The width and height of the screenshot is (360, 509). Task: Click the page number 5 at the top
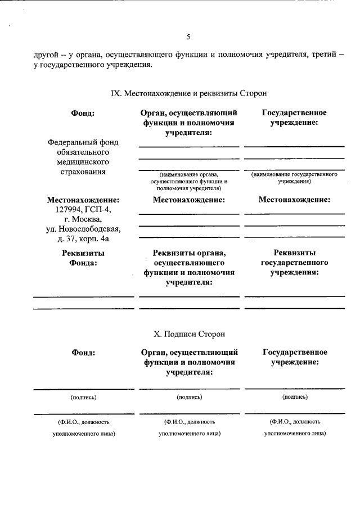[188, 37]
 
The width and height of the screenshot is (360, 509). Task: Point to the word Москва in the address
[87, 219]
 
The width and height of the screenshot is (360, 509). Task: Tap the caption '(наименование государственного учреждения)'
[294, 178]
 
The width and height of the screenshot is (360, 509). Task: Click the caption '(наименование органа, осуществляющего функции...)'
[188, 182]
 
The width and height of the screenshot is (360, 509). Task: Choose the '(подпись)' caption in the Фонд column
[83, 397]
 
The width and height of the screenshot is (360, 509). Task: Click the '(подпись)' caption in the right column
[294, 397]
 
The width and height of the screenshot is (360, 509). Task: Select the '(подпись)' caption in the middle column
[189, 397]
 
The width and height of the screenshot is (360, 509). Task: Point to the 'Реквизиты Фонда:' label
[83, 258]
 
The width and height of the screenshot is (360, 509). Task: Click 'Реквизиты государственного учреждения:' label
[294, 263]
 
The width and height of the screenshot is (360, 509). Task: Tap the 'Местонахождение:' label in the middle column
[188, 200]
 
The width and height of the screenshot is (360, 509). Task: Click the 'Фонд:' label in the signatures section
[83, 353]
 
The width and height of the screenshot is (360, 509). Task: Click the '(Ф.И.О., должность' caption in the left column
[83, 421]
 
